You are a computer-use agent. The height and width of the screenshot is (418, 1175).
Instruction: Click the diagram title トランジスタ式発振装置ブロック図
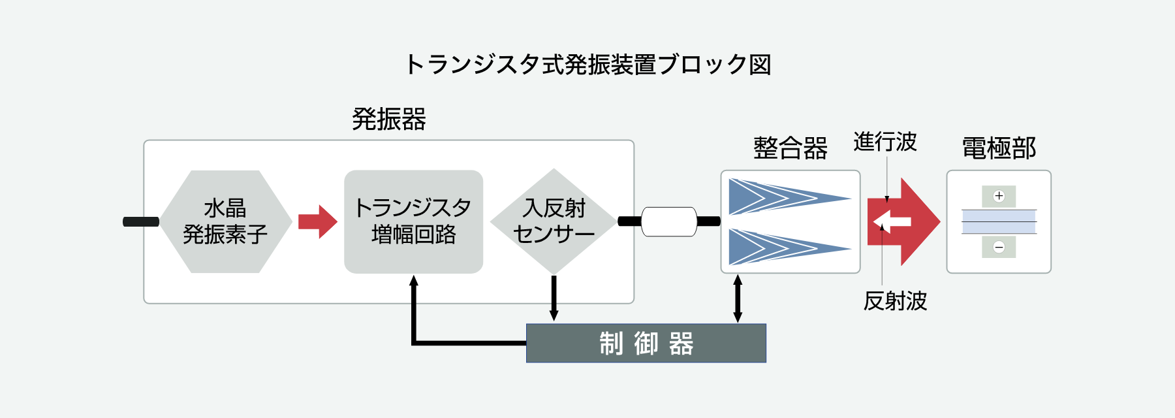coord(587,64)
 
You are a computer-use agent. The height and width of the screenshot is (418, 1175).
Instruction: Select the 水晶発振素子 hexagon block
coord(225,221)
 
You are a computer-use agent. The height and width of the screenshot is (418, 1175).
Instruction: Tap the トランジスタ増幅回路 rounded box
coord(413,221)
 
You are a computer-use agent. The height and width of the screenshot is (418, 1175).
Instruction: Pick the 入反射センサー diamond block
coord(554,221)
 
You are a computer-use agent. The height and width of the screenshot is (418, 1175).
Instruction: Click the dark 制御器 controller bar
coord(646,343)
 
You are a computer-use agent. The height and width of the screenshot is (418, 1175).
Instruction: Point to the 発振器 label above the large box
coord(388,120)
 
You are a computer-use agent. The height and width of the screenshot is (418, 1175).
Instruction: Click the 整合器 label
coord(790,148)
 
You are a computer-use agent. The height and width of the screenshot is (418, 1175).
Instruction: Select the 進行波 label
coord(885,142)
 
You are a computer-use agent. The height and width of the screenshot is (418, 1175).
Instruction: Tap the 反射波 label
coord(895,301)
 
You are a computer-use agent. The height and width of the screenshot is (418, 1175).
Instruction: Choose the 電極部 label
coord(999,148)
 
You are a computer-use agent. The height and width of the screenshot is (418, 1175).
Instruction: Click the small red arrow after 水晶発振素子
coord(317,221)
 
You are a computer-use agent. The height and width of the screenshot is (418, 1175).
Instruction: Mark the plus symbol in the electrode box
coord(999,196)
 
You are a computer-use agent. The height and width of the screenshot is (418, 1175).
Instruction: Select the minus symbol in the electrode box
coord(999,247)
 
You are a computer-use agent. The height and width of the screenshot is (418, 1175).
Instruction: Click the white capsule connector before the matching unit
coord(669,221)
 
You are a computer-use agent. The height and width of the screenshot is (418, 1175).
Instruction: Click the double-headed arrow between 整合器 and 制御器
coord(738,298)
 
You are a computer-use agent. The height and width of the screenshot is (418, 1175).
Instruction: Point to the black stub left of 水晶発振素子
coord(141,222)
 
